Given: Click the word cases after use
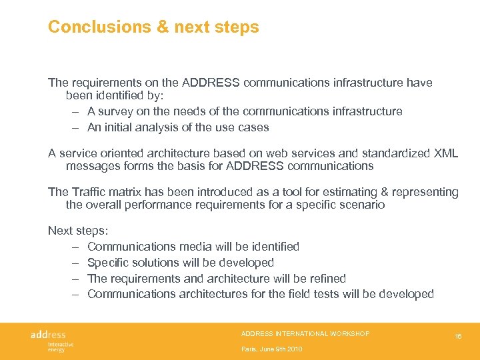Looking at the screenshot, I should click(253, 127).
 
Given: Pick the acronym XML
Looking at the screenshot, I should click(445, 153).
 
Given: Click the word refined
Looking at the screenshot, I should click(323, 279).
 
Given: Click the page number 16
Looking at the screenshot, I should click(459, 337).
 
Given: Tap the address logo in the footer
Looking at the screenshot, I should click(49, 335).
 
